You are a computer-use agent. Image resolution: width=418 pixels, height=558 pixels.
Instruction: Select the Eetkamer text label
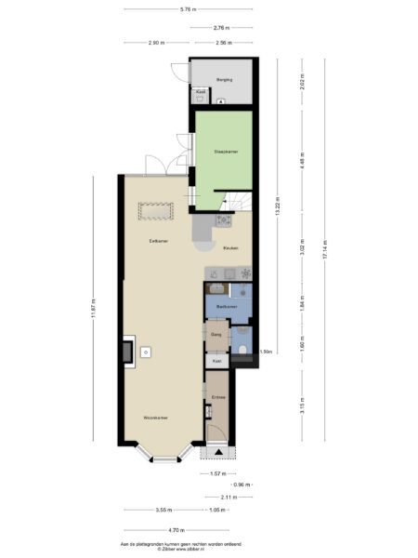[158, 241]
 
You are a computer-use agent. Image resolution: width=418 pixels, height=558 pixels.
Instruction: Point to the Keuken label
[231, 248]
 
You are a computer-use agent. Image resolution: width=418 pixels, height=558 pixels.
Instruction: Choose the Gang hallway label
[216, 334]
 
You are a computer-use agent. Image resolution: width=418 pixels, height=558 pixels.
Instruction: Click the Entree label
[218, 398]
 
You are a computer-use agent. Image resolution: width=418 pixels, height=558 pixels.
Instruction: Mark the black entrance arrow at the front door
[218, 452]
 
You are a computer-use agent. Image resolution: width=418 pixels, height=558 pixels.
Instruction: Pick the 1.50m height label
[266, 352]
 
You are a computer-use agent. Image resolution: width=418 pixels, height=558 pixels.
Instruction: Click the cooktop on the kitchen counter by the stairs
[224, 220]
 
